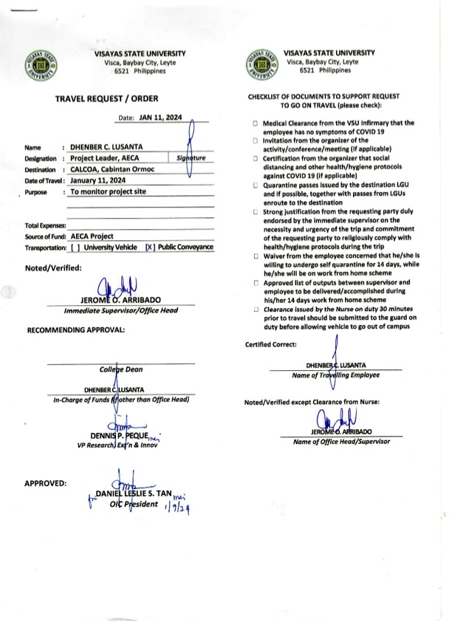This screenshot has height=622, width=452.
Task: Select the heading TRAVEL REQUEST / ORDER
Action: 106,98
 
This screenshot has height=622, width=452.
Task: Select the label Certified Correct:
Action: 271,344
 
